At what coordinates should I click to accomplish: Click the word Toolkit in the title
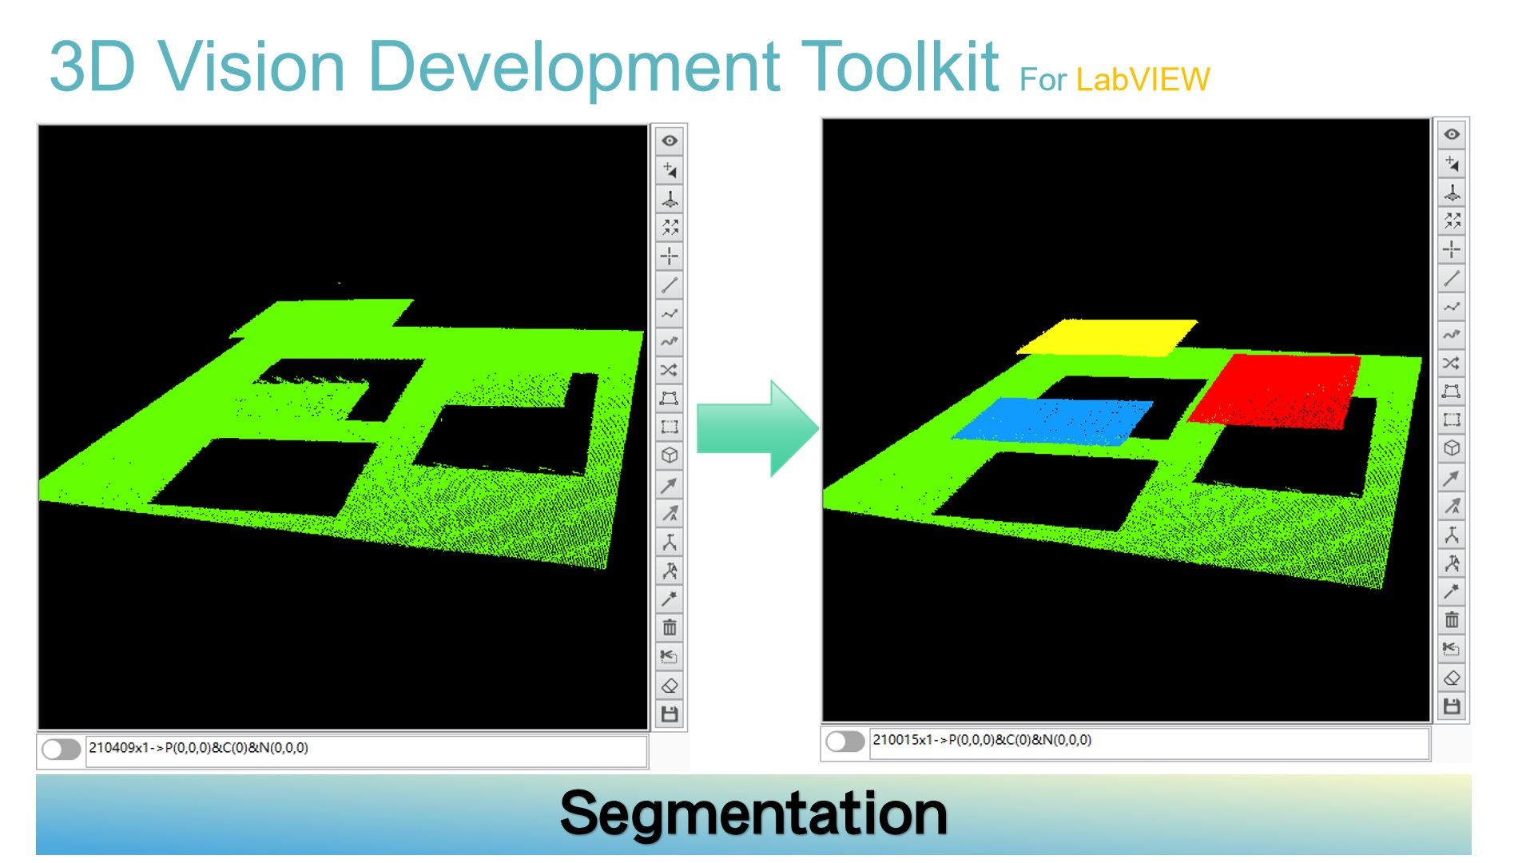pos(900,66)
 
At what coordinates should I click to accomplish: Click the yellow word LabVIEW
pos(1143,80)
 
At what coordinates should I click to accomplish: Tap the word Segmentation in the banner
pos(753,813)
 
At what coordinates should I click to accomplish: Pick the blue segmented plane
pos(1053,420)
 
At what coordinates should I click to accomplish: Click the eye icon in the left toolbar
pos(670,141)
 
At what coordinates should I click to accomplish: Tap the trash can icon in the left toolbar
pos(670,628)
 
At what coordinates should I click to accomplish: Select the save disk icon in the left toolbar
pos(670,714)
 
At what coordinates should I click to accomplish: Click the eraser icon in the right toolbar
pos(1452,678)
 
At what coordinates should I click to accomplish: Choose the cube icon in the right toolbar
pos(1452,448)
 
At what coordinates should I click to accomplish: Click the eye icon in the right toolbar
pos(1452,134)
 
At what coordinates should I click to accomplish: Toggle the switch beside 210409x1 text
pos(62,749)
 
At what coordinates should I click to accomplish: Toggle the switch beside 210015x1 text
pos(845,742)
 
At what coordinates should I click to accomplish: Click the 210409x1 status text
pos(198,748)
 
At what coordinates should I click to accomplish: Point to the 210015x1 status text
pos(981,740)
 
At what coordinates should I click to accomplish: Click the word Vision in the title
pos(252,66)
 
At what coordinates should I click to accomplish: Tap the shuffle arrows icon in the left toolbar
pos(670,370)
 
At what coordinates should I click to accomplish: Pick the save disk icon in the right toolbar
pos(1452,706)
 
